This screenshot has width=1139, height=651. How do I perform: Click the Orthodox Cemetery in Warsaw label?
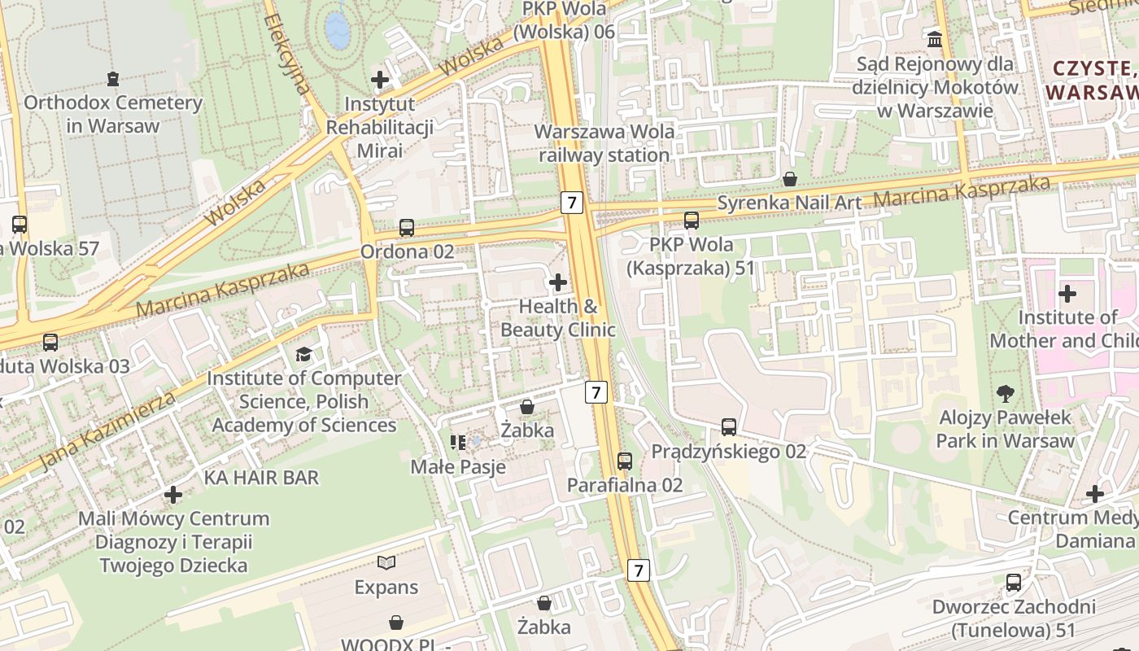tap(112, 114)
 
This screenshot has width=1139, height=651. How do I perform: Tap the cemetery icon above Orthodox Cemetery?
tap(112, 79)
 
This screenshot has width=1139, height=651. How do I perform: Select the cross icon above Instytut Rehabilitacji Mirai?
tap(380, 80)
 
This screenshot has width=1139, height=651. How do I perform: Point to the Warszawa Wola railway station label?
tap(604, 143)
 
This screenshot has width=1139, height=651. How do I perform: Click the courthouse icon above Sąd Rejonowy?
tap(935, 38)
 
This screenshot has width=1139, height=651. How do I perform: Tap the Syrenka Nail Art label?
tap(788, 202)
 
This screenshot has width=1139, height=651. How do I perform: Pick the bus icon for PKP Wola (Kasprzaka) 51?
tap(692, 221)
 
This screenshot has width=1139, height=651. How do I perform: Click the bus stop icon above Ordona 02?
tap(407, 228)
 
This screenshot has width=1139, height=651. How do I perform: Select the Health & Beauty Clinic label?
tap(558, 318)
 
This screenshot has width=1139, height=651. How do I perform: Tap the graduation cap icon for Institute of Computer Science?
tap(303, 354)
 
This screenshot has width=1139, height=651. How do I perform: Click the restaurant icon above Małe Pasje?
tap(458, 442)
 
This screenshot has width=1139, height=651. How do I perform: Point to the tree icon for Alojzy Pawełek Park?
tap(1005, 395)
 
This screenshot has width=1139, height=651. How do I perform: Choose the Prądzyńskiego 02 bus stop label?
tap(729, 451)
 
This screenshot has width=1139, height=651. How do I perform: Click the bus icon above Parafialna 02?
tap(625, 461)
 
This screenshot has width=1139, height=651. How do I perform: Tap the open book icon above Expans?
tap(386, 562)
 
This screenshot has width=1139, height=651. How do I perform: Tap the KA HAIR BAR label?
tap(261, 478)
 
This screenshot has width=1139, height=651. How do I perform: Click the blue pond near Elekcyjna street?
tap(337, 31)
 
